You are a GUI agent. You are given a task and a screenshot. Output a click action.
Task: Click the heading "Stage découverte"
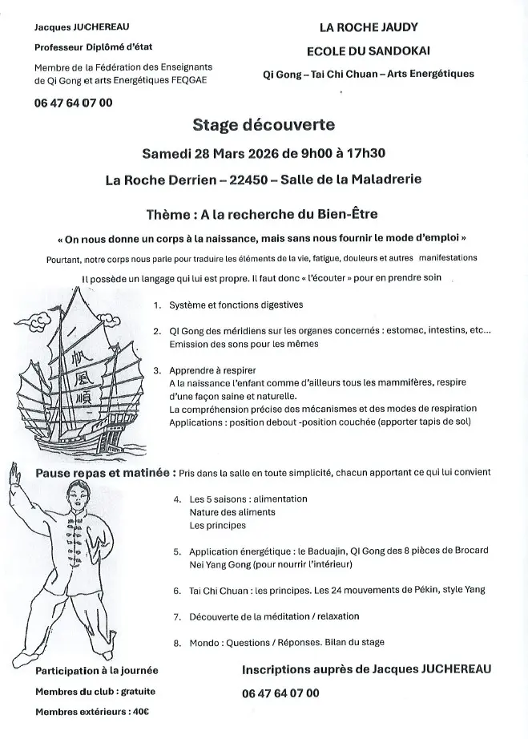263,125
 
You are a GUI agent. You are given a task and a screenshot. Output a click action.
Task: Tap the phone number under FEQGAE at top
74,103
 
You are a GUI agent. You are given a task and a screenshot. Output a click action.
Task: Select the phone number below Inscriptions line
280,693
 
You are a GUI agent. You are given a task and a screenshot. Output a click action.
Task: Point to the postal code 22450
248,180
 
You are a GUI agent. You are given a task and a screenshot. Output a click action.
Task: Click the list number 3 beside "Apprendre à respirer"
158,370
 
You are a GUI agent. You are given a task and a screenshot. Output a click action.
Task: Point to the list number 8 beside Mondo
176,642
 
